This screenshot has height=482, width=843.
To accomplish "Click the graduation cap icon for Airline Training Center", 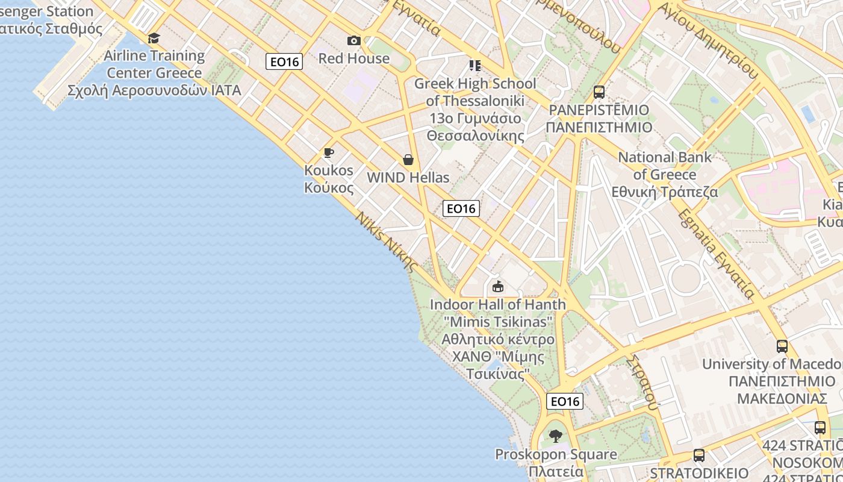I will coord(154,39).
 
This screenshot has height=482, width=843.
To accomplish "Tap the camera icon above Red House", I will coord(354,41).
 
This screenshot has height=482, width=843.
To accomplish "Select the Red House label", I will coord(354,58).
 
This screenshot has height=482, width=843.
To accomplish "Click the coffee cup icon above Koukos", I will coord(328,152).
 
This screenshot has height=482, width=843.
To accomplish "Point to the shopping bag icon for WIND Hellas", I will coord(408,160).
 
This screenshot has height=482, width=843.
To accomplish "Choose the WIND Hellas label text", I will coord(408,178).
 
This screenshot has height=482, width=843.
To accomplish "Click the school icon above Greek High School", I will coord(475,65).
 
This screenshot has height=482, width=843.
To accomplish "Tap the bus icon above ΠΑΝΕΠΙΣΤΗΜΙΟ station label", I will coord(599,92).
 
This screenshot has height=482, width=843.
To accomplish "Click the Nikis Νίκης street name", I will coord(386,242).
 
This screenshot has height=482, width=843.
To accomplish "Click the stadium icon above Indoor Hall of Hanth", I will coord(497,287).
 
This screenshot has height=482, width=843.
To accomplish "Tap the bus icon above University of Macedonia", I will coord(782,346).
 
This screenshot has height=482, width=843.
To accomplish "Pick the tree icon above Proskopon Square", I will coord(556,436).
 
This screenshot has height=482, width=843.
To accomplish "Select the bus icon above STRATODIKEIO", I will coord(698,455).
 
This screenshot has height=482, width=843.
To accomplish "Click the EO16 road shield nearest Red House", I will coord(284,61).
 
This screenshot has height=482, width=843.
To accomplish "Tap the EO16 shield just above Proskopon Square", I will coord(565,401).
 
